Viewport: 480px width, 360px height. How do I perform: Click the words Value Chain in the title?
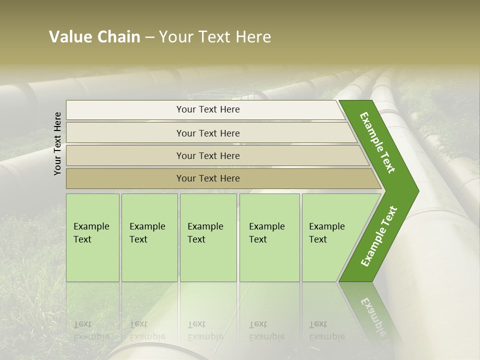point(94,37)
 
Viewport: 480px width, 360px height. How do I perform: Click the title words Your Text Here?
point(215,37)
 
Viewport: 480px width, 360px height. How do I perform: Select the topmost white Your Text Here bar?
point(208,109)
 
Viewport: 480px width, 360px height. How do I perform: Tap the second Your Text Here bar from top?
point(208,133)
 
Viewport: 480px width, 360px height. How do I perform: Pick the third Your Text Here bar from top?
point(208,156)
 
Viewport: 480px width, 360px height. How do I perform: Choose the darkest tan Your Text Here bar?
point(208,178)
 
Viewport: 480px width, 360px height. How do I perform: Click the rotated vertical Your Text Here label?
point(58,143)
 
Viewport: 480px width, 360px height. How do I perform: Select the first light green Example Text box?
point(92,237)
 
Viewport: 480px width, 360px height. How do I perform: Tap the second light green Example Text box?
point(149,237)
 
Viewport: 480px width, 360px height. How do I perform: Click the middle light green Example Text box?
point(208,237)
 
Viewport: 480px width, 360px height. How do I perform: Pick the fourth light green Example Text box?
point(269,237)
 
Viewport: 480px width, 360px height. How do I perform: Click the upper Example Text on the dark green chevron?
point(377,142)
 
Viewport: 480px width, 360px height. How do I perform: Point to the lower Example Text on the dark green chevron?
point(379,236)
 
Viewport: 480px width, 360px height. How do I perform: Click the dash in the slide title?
point(149,37)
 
